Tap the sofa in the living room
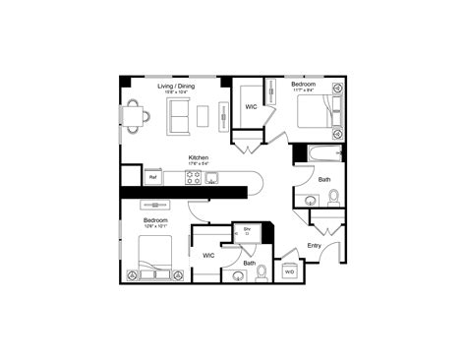click(179, 115)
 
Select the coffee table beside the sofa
click(203, 115)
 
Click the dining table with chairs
click(138, 116)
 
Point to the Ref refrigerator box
click(152, 178)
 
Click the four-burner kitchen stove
click(193, 178)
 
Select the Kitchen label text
click(199, 157)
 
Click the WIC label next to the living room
click(251, 108)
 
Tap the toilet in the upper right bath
click(332, 198)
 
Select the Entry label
click(315, 245)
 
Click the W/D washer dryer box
click(289, 271)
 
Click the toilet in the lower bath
click(261, 273)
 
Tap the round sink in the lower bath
click(239, 276)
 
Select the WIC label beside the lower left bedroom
click(208, 256)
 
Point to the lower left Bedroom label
click(154, 219)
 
